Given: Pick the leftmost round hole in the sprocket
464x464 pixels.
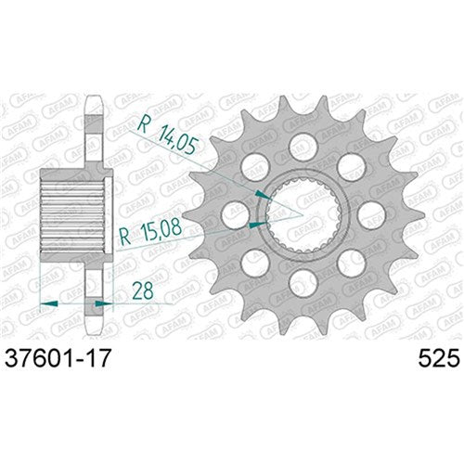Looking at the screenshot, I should (234, 213).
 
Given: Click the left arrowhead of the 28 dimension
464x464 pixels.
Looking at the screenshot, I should (52, 302).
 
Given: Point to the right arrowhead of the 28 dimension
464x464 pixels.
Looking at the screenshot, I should (100, 302).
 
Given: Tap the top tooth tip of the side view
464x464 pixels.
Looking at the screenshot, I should (90, 99).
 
